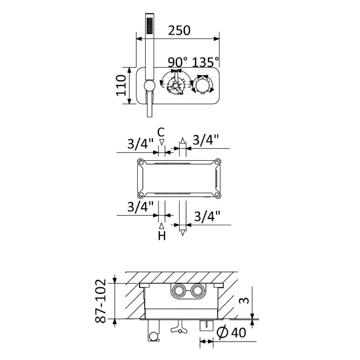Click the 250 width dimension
tap(179, 30)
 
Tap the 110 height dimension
tap(121, 85)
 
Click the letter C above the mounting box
tap(161, 132)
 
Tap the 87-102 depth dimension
tap(100, 301)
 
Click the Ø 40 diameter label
tap(232, 333)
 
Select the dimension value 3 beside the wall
tap(245, 301)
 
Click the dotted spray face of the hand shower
tap(150, 26)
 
